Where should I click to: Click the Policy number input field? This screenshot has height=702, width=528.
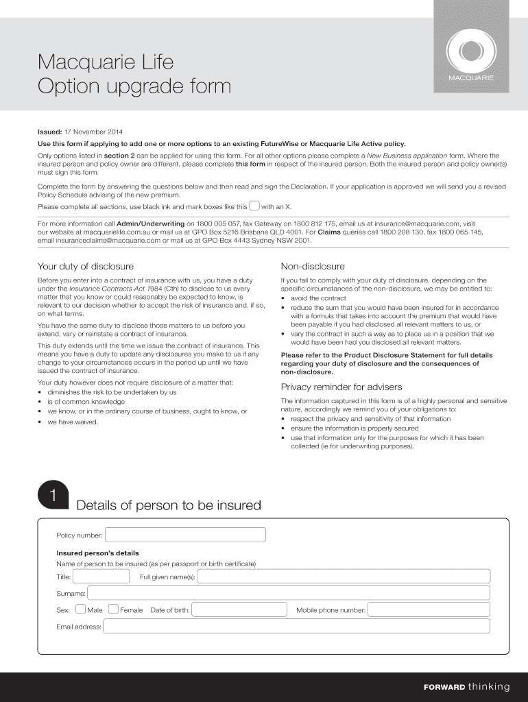(x=185, y=535)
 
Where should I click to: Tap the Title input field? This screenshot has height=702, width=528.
(x=102, y=577)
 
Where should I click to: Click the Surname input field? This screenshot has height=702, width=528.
(x=288, y=593)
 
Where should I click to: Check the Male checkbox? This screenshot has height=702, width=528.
(x=81, y=609)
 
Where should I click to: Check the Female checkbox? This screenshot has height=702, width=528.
(x=113, y=609)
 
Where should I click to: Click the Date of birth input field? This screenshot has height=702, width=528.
(x=239, y=609)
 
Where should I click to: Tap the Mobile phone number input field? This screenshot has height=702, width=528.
(x=429, y=609)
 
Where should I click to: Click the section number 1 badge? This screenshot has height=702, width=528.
(x=52, y=497)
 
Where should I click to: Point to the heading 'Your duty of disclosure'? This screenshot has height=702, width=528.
(x=86, y=266)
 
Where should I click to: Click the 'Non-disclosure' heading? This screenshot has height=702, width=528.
(x=313, y=266)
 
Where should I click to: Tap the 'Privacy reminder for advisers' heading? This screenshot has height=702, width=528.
(x=332, y=387)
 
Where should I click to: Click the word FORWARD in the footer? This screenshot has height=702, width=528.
(x=444, y=687)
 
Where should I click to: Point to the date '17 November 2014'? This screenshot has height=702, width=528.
(x=94, y=132)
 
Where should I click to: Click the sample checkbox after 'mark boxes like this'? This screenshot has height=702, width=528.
(x=254, y=205)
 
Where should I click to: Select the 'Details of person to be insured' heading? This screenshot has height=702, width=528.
(x=169, y=505)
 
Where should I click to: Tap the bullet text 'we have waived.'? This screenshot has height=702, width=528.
(x=73, y=422)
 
